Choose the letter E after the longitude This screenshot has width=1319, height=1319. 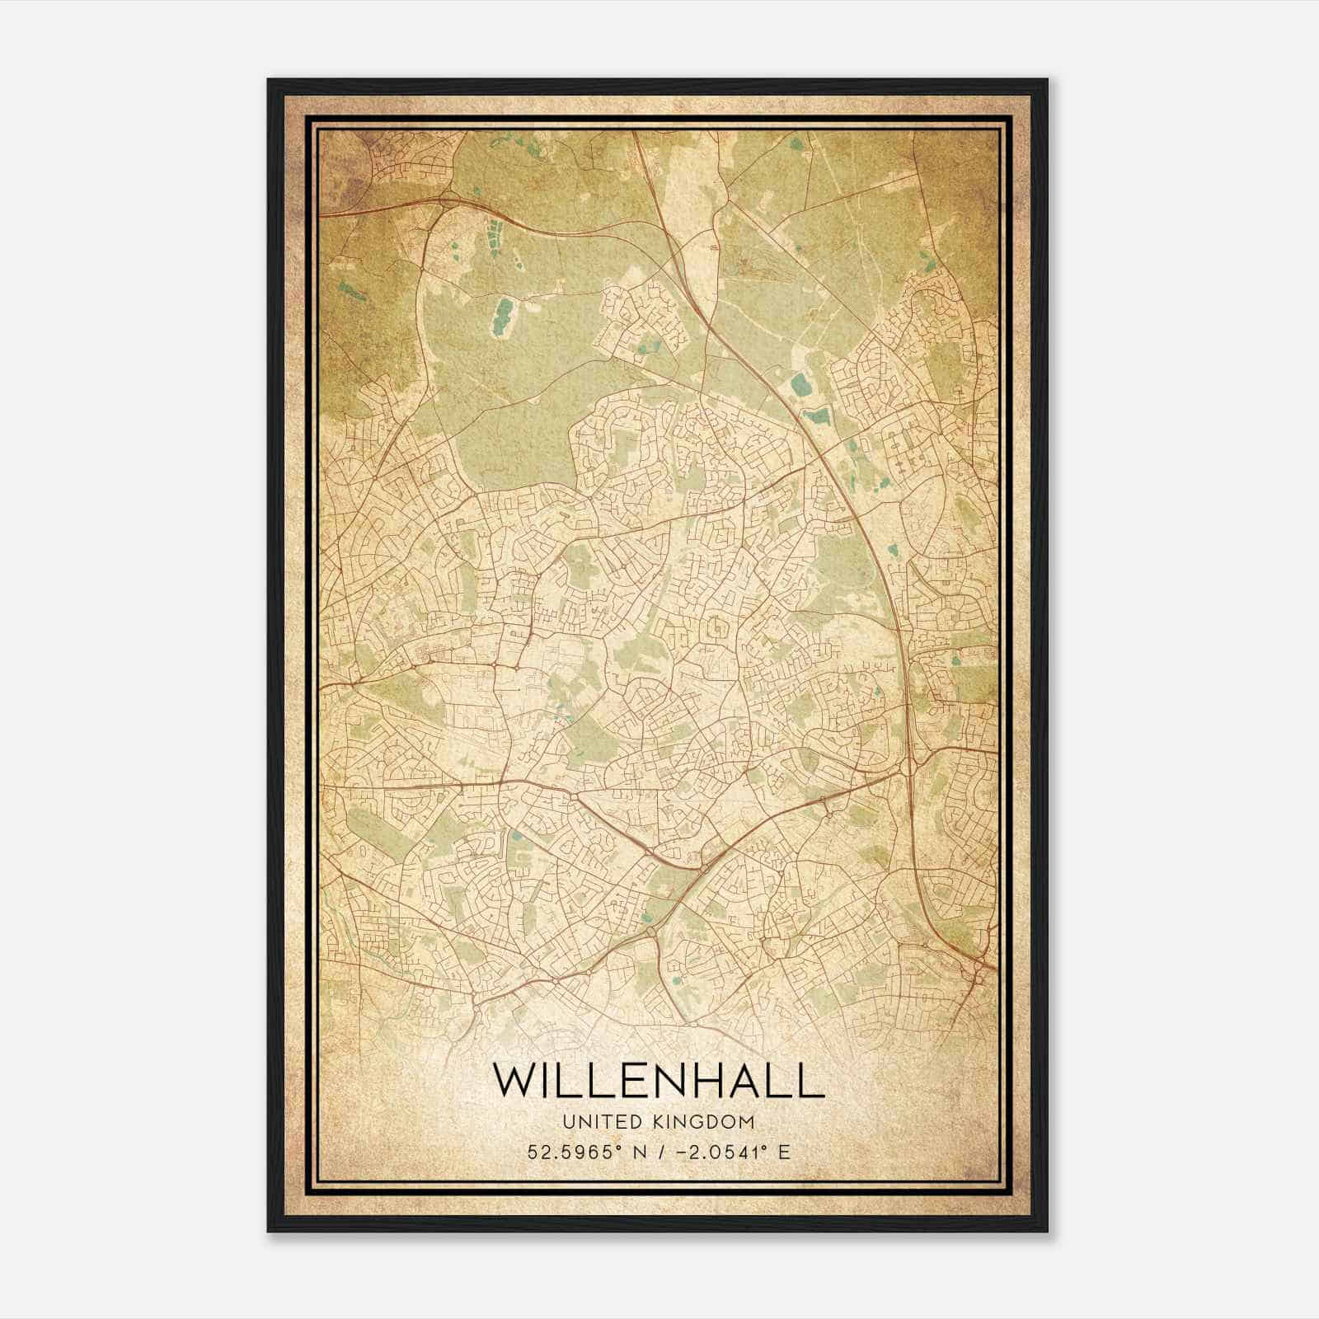pos(784,1152)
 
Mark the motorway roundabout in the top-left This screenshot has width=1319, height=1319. pos(450,199)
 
